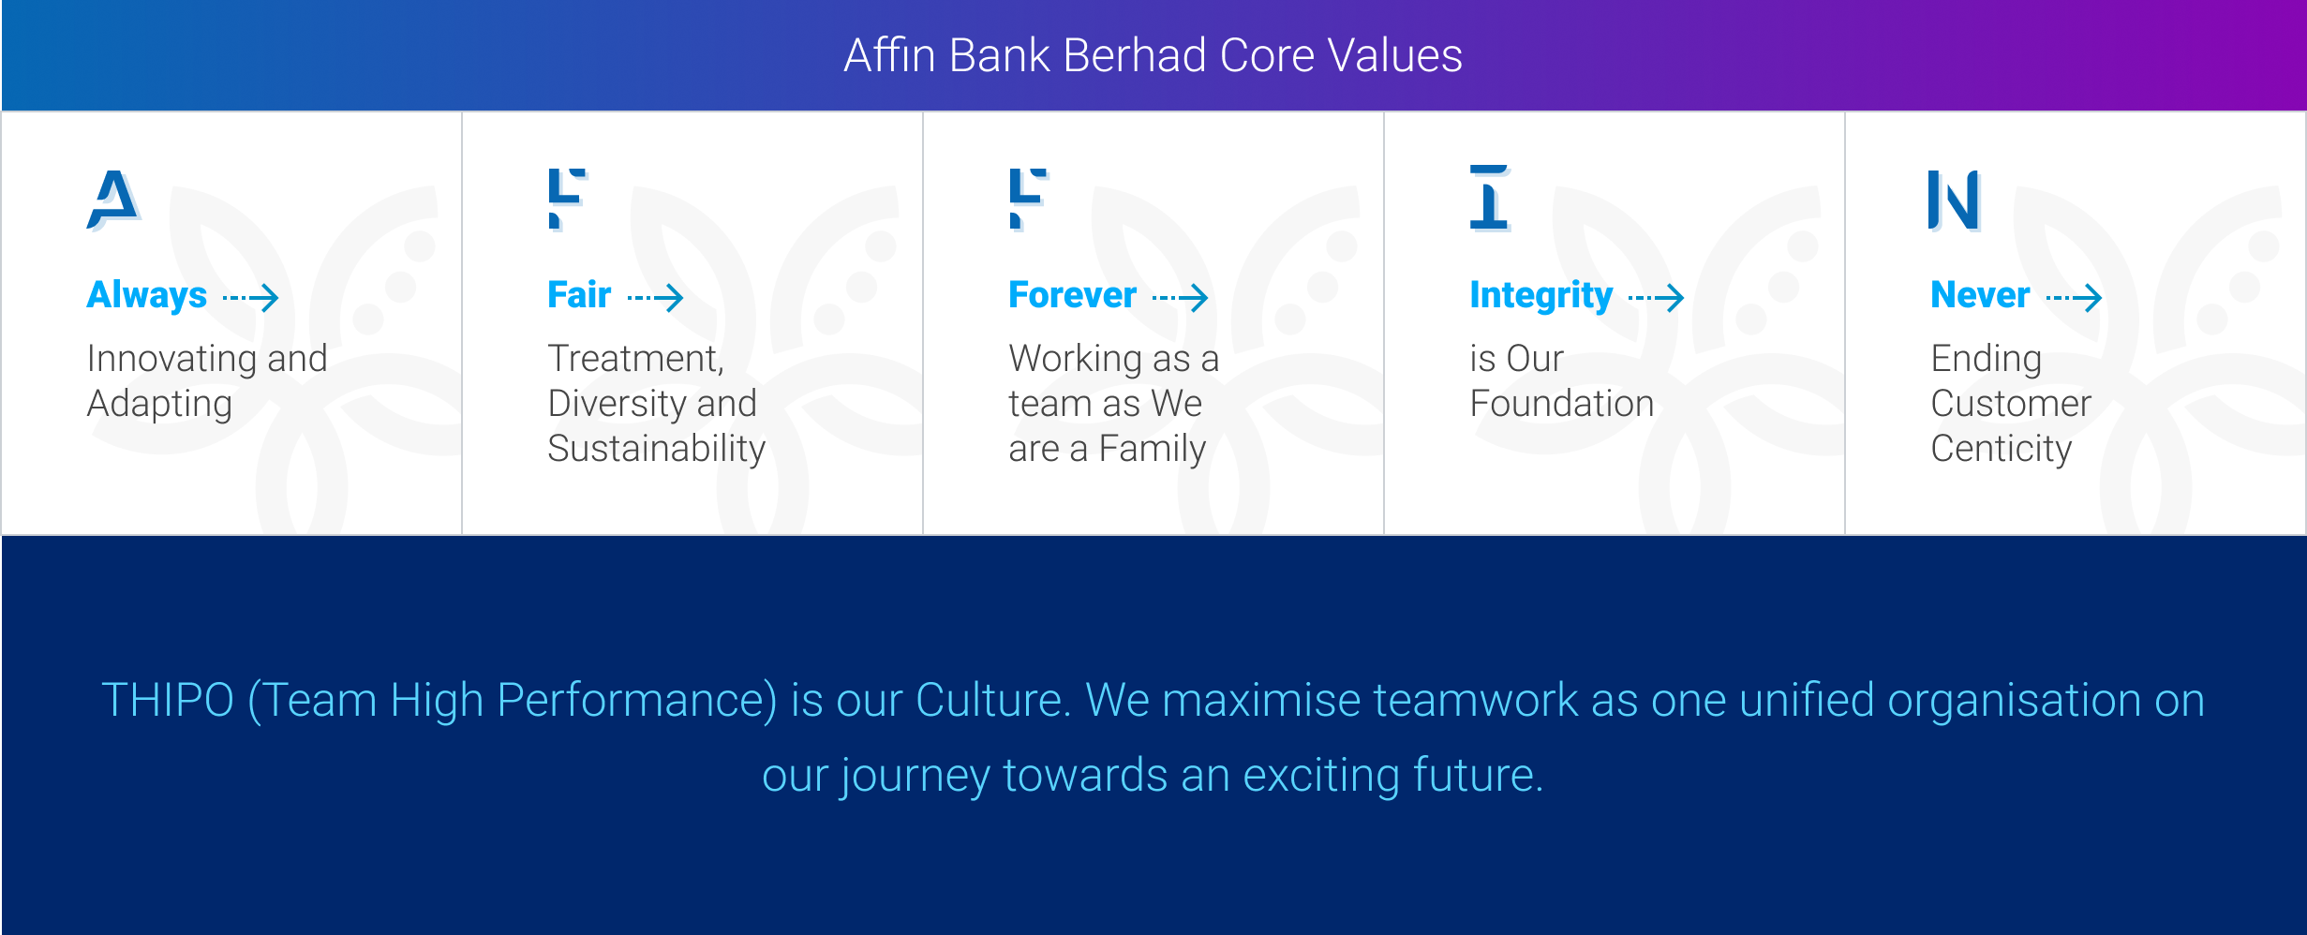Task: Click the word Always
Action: click(146, 296)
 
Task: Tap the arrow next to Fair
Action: click(655, 298)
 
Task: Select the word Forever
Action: click(1072, 295)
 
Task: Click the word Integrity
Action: click(1540, 296)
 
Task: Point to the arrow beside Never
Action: click(2074, 298)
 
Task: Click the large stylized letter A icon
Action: click(113, 200)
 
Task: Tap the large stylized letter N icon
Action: click(1954, 200)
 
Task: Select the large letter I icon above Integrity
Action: click(1489, 198)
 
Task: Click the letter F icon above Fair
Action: click(567, 199)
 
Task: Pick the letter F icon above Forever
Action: click(1028, 199)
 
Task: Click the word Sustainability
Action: click(656, 450)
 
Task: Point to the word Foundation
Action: click(1561, 404)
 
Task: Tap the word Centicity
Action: click(2001, 450)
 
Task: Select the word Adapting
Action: click(159, 405)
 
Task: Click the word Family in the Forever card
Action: click(1152, 450)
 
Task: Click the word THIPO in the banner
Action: click(168, 700)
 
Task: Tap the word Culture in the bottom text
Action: click(992, 700)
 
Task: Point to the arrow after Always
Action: click(250, 298)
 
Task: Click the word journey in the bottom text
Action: click(915, 777)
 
